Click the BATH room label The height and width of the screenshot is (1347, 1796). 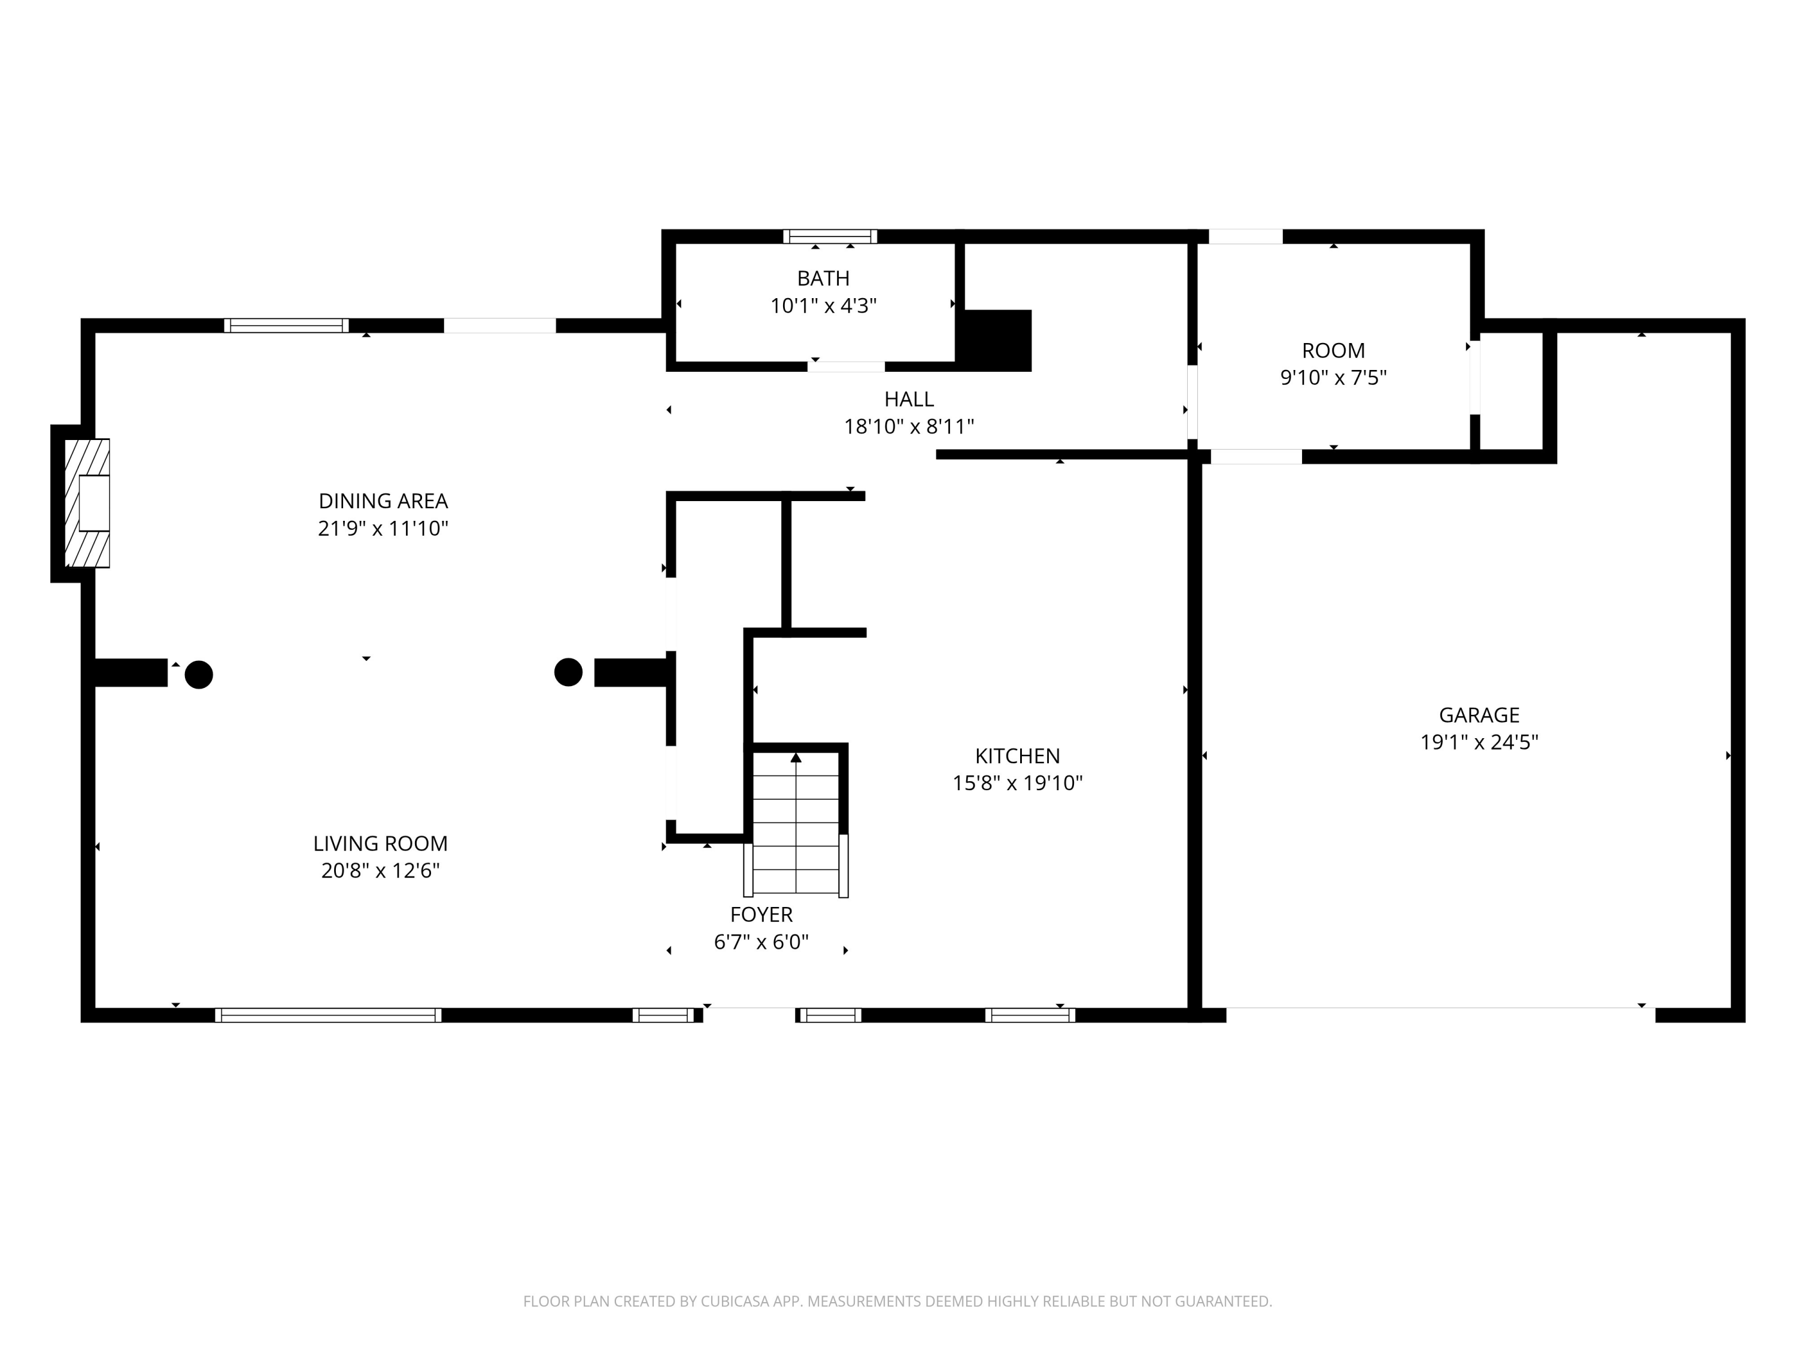pyautogui.click(x=823, y=278)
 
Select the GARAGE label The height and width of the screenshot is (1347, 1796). pyautogui.click(x=1479, y=715)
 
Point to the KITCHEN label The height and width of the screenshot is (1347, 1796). pyautogui.click(x=1017, y=756)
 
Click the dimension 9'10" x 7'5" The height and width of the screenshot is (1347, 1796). pyautogui.click(x=1333, y=378)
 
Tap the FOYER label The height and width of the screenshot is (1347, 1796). pyautogui.click(x=761, y=914)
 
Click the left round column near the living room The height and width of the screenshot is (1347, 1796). pyautogui.click(x=199, y=675)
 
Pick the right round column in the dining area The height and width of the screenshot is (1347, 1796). pyautogui.click(x=568, y=672)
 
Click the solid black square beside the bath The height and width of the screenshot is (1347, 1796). pyautogui.click(x=996, y=339)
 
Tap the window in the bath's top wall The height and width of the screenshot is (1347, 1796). pyautogui.click(x=830, y=236)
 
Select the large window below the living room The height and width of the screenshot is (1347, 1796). pyautogui.click(x=328, y=1015)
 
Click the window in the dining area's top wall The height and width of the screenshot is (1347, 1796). pyautogui.click(x=286, y=326)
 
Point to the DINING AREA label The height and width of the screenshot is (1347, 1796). pyautogui.click(x=383, y=501)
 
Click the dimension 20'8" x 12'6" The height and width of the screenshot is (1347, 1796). pyautogui.click(x=380, y=870)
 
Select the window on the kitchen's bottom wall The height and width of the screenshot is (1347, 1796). pyautogui.click(x=1030, y=1015)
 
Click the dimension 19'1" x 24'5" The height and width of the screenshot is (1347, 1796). pyautogui.click(x=1479, y=742)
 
